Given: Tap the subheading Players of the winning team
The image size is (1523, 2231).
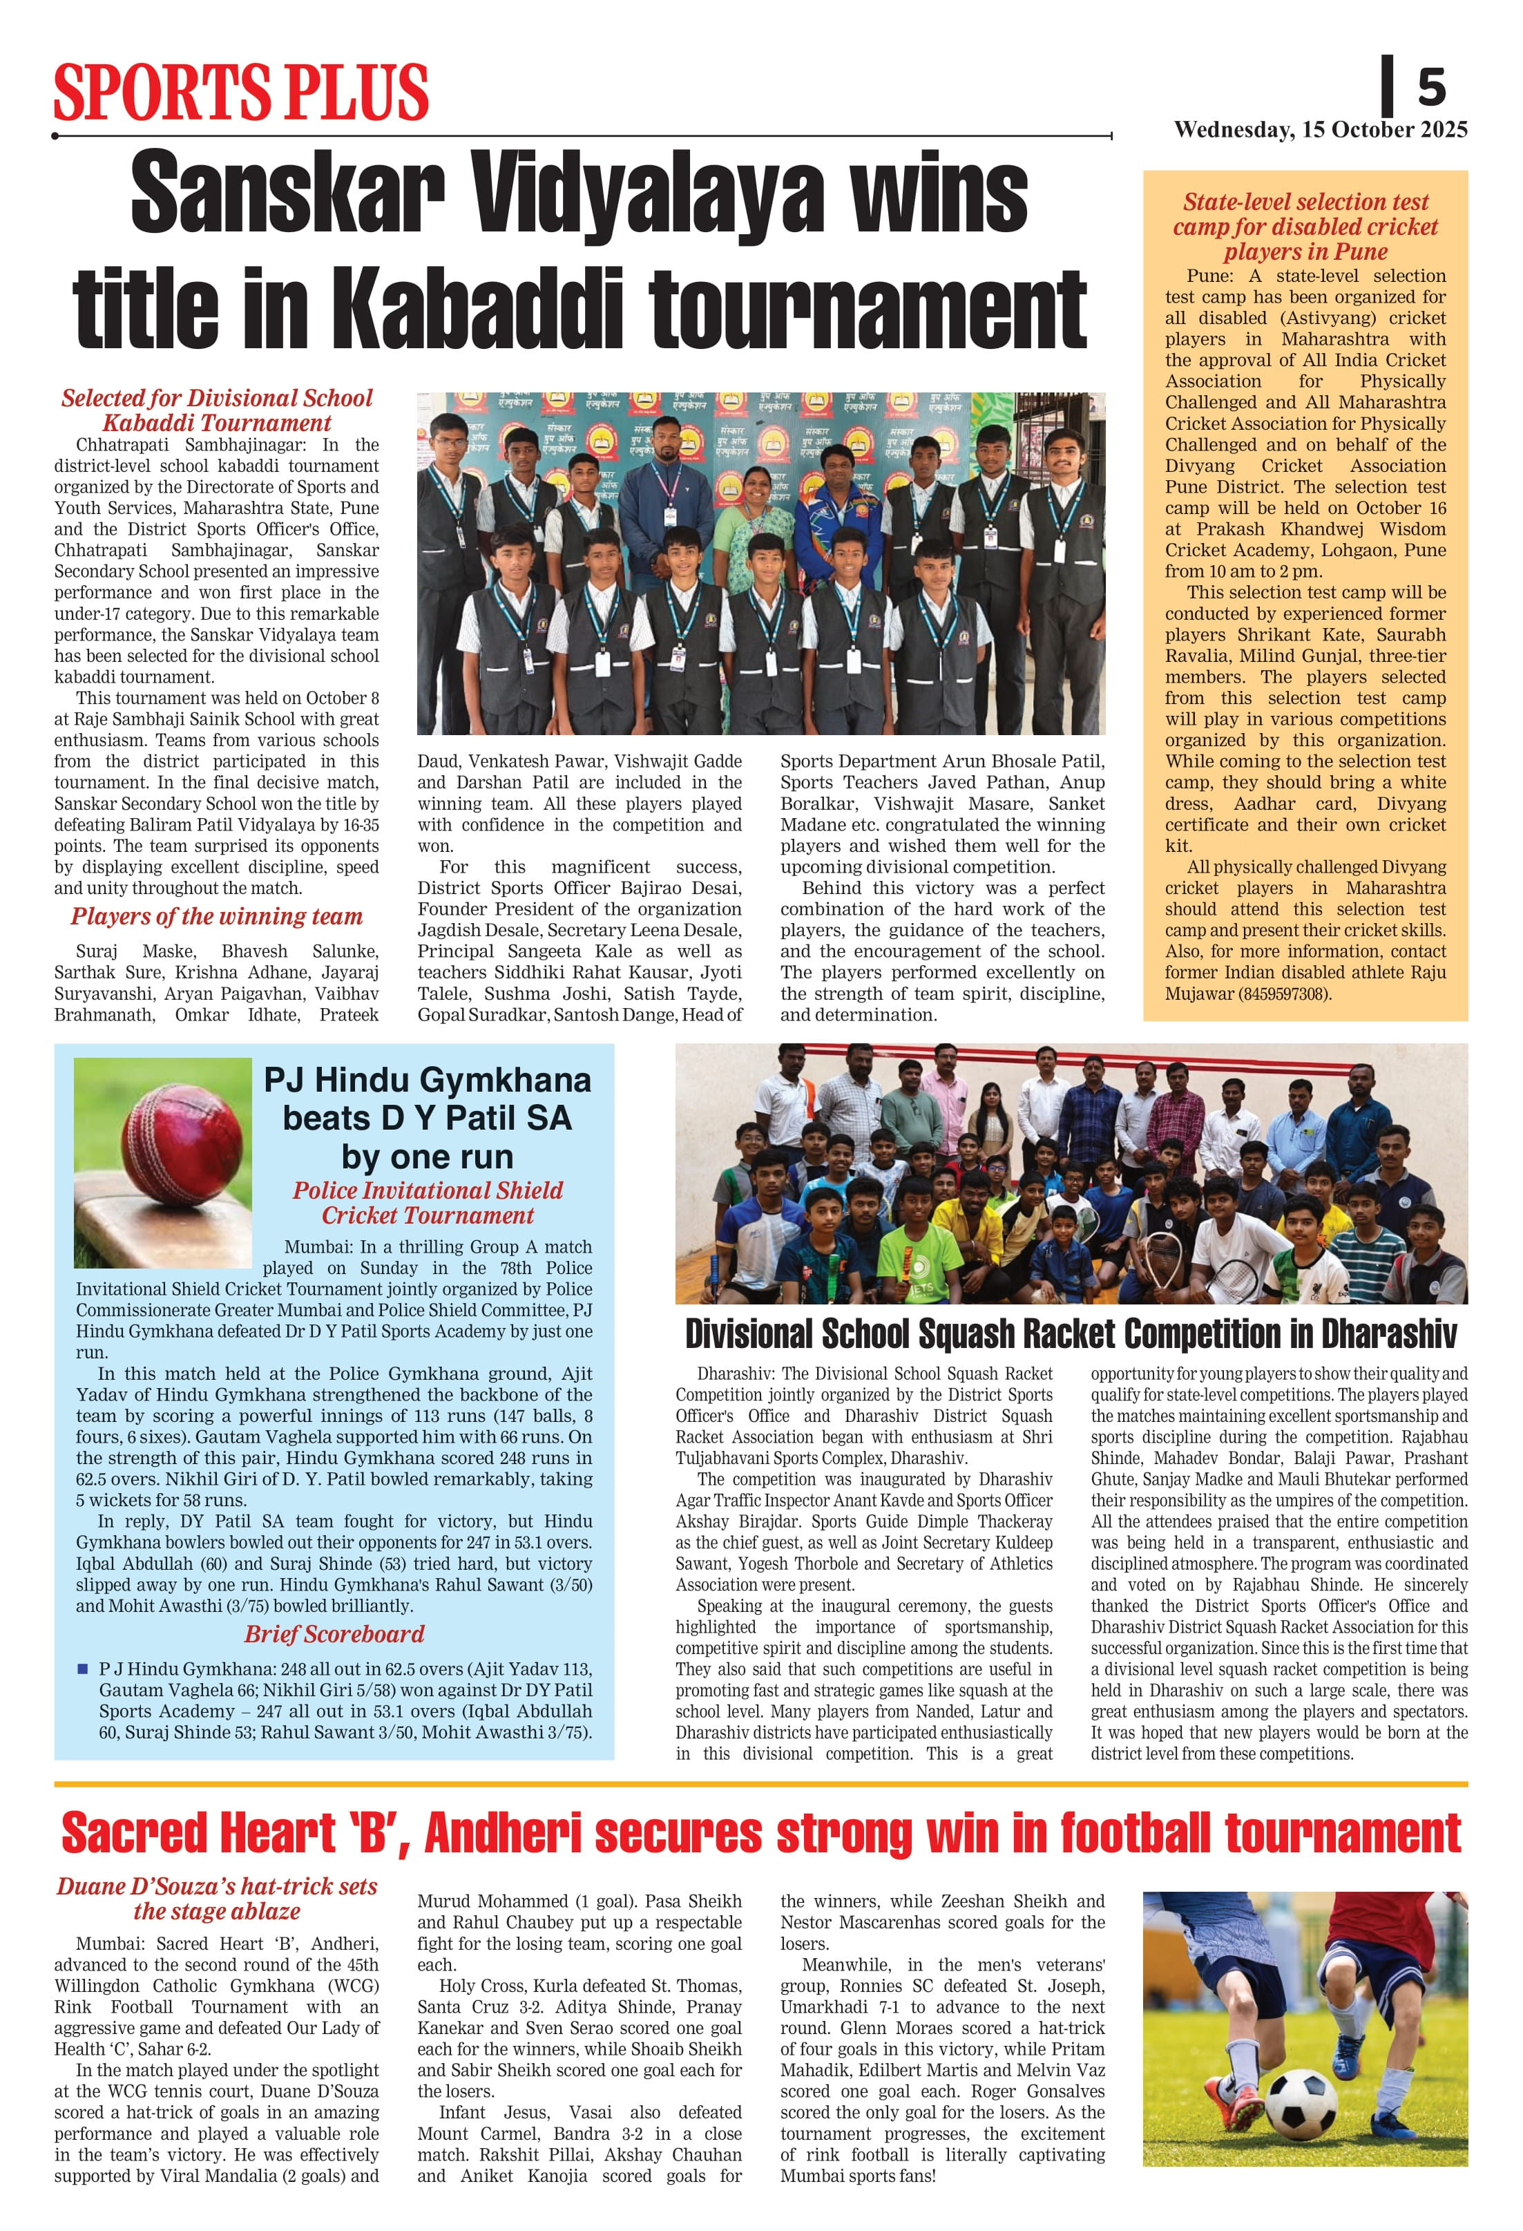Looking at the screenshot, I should click(217, 917).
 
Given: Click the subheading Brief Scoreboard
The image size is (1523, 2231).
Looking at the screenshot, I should click(334, 1634).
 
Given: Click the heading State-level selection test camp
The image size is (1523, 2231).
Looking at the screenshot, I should click(1305, 227).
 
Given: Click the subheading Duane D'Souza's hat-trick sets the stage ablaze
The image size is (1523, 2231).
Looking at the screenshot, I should click(217, 1899).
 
